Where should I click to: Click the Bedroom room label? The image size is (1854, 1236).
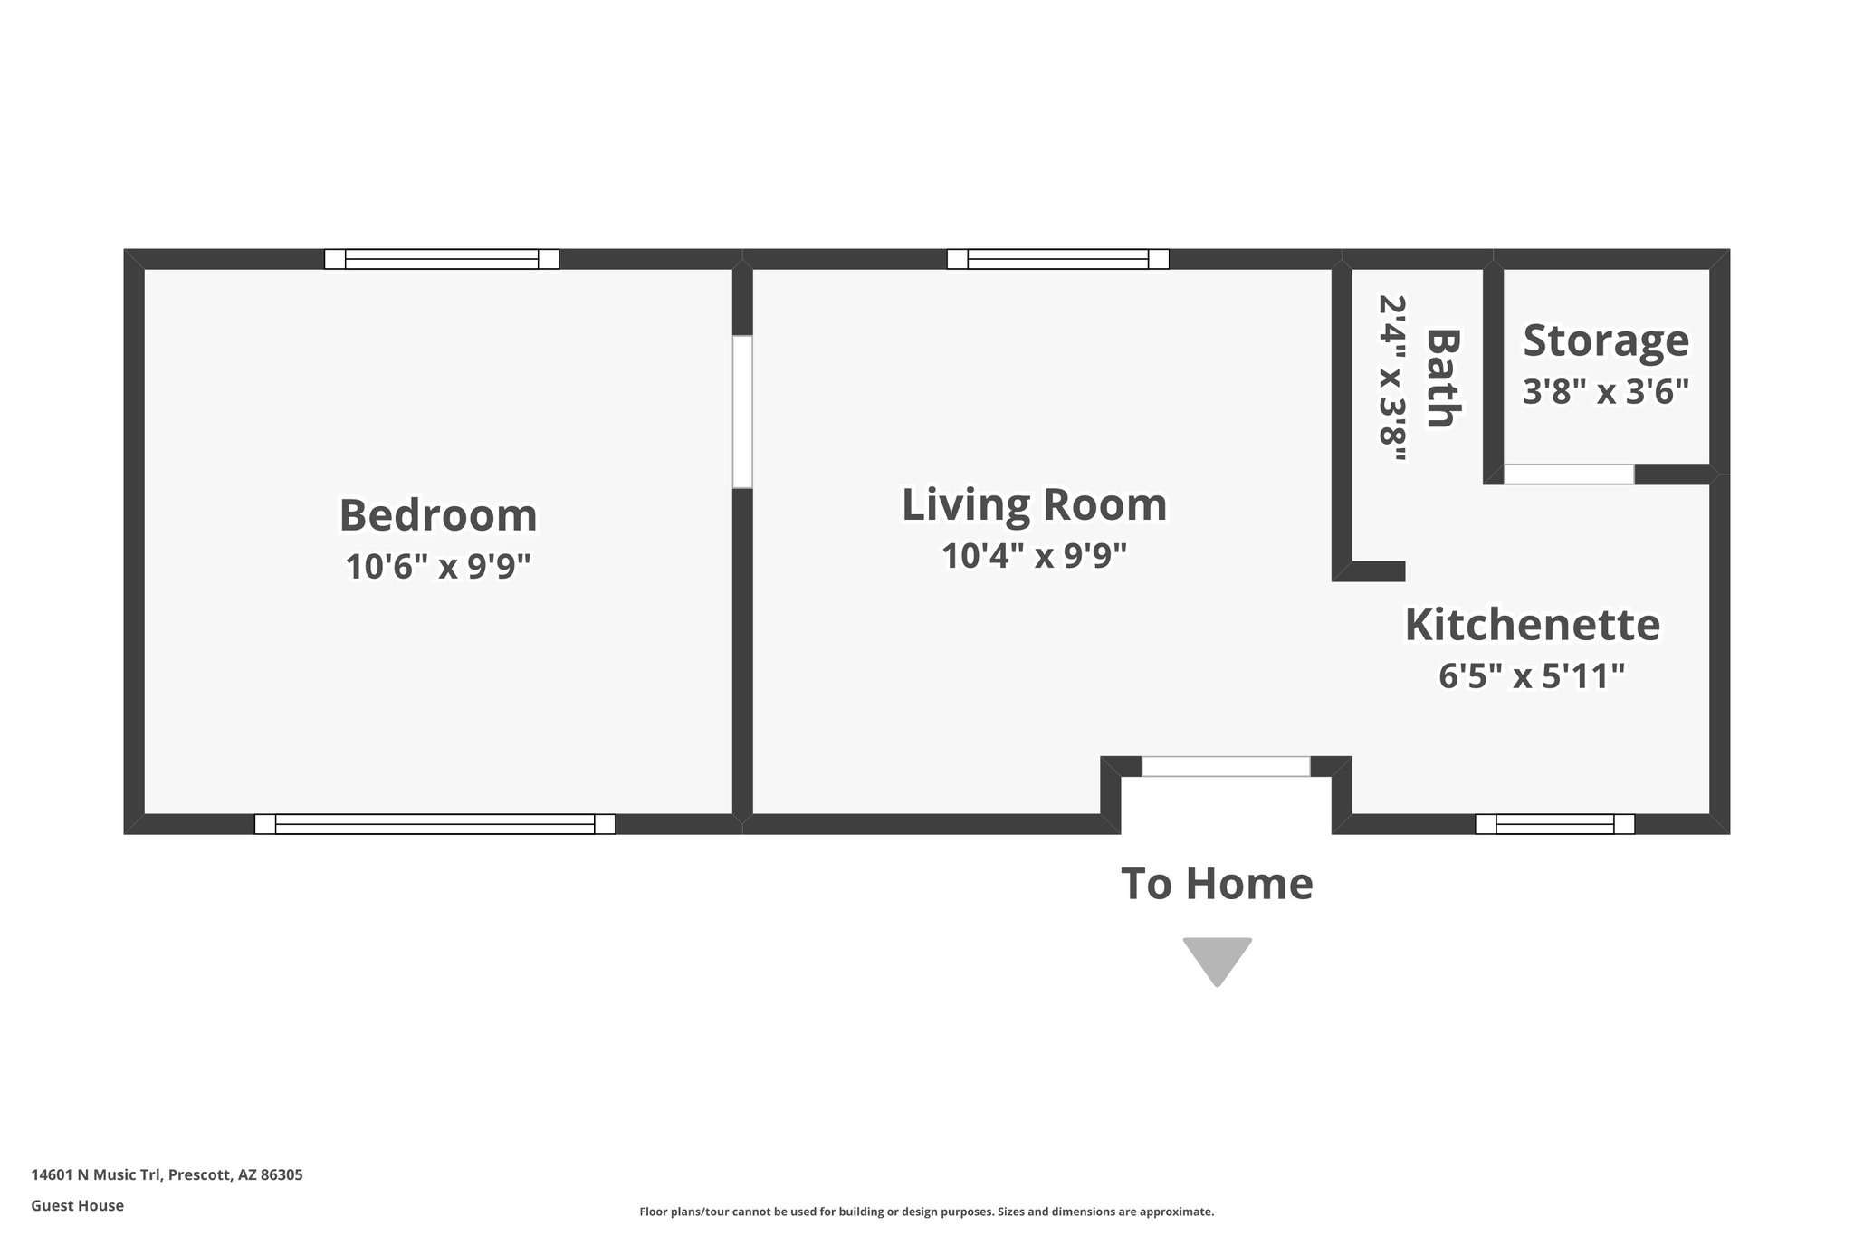(x=438, y=515)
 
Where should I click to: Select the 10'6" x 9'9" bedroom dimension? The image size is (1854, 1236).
(x=438, y=567)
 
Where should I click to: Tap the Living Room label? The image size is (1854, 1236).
(x=1034, y=504)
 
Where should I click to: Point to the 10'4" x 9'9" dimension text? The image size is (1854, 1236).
(x=1034, y=555)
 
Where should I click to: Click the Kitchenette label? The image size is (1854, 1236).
(x=1532, y=625)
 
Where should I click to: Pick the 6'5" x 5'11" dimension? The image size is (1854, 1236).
(x=1532, y=675)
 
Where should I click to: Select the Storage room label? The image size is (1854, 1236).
(x=1606, y=340)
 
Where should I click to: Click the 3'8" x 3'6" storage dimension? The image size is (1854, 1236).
(x=1606, y=391)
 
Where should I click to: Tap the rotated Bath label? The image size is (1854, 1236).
(x=1443, y=378)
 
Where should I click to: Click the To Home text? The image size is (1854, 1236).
(x=1217, y=883)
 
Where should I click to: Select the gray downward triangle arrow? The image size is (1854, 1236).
(x=1217, y=958)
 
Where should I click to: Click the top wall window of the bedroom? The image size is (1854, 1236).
(x=442, y=259)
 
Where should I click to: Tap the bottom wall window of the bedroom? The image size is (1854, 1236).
(x=435, y=824)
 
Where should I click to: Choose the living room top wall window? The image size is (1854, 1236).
(x=1057, y=259)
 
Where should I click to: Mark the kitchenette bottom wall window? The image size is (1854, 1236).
(x=1554, y=824)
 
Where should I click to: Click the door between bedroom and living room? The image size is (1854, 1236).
(x=742, y=412)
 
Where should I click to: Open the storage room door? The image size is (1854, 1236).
(x=1569, y=474)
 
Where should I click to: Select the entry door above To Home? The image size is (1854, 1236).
(x=1225, y=766)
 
